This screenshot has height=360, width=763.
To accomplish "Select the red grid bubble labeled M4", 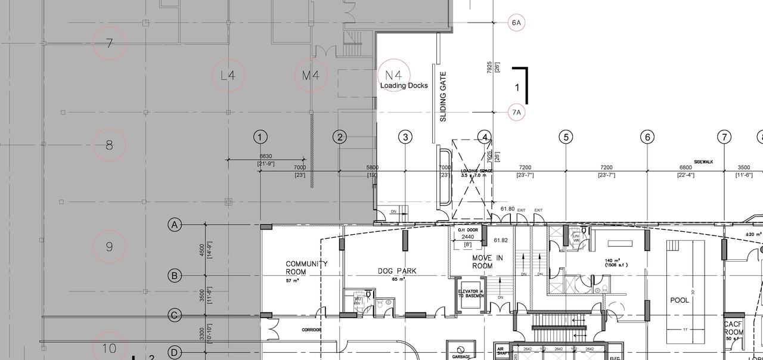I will (312, 76).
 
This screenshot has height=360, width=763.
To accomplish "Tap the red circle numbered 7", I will (109, 44).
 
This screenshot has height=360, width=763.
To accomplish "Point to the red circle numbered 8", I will (109, 144).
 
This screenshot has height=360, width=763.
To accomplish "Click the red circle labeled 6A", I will (516, 23).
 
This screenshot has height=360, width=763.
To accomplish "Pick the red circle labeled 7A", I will (516, 112).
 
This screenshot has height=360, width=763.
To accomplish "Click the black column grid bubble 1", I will (260, 138).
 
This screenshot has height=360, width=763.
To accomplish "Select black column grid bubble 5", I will (566, 138).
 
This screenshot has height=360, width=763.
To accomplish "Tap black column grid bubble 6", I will (647, 138).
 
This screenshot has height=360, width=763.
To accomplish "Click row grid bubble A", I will (174, 225).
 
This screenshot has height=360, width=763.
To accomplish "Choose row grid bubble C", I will (174, 315).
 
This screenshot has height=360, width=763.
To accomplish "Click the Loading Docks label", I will (404, 86).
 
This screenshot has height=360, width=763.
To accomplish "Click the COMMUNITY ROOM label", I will (306, 268).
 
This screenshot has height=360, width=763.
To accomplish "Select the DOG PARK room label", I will (397, 271).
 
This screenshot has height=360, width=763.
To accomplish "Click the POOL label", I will (680, 300).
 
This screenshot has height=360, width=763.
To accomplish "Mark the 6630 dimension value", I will (265, 157).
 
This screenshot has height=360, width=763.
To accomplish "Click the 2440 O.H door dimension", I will (468, 237).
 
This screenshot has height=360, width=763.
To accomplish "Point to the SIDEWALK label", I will (703, 162).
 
